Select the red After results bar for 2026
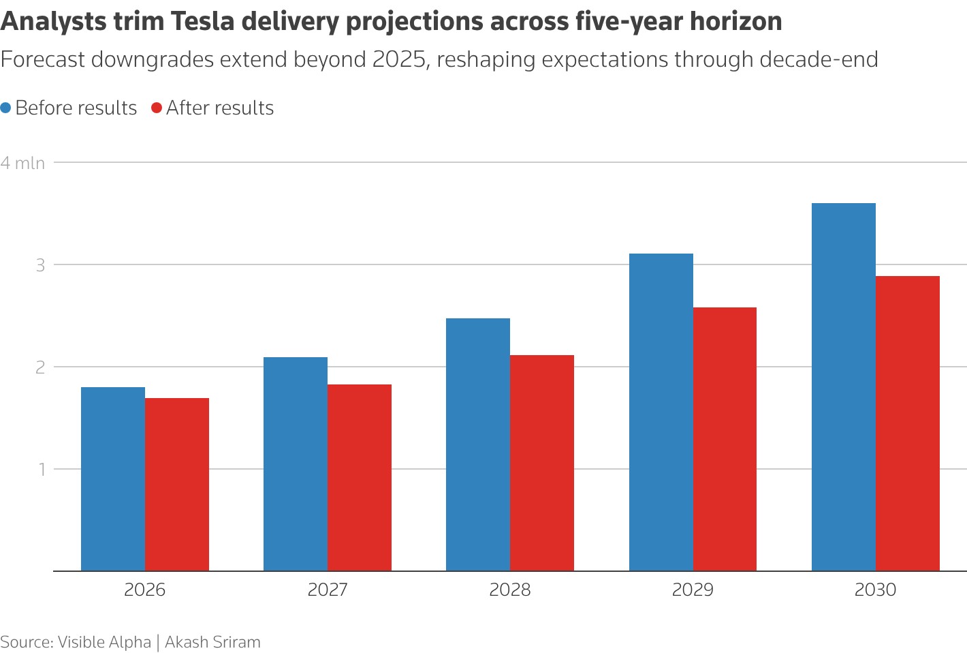click(x=177, y=485)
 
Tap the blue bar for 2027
click(x=296, y=464)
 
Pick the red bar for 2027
click(x=360, y=478)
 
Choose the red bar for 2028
click(x=542, y=463)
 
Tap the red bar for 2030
click(x=908, y=423)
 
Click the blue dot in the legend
click(x=6, y=108)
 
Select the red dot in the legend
click(x=157, y=108)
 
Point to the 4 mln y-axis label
click(x=23, y=163)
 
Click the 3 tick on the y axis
click(x=41, y=264)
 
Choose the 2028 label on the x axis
click(x=510, y=590)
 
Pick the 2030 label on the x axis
click(x=876, y=590)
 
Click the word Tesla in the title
click(x=202, y=22)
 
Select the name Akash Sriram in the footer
click(x=212, y=642)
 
